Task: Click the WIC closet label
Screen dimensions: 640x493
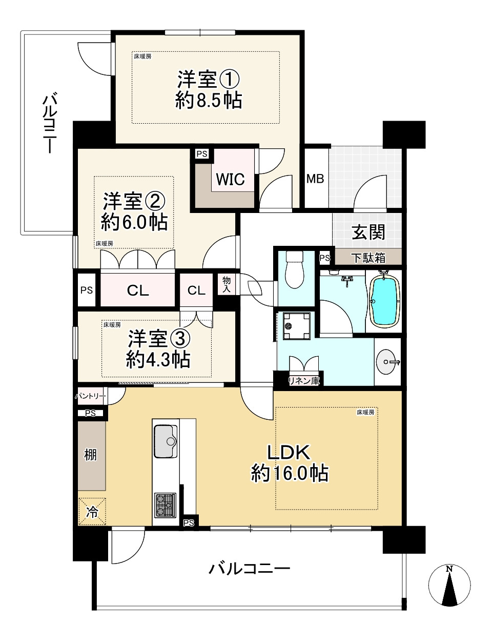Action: [230, 180]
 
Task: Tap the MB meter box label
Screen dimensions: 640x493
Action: [315, 179]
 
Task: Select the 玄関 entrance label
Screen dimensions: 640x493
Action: [368, 232]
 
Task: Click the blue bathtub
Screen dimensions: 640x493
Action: [384, 301]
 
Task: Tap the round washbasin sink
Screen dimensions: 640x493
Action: [387, 362]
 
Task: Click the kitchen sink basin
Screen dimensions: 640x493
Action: [165, 441]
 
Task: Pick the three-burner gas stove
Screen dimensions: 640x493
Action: [165, 505]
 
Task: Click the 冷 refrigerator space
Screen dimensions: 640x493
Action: [92, 512]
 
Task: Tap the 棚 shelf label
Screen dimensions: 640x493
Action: [90, 455]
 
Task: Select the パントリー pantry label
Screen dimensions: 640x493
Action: [91, 396]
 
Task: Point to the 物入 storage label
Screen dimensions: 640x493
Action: [227, 284]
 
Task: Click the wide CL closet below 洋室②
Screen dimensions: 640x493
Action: [138, 290]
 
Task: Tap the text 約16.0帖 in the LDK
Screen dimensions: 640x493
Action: [290, 473]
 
